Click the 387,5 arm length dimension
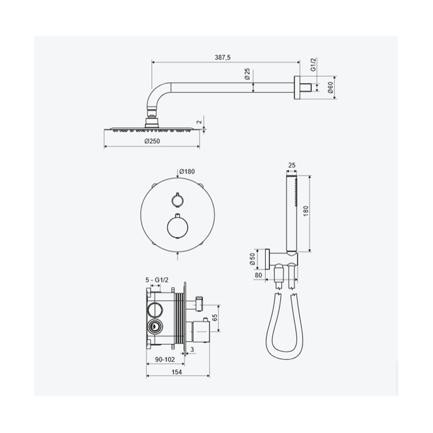[223, 58]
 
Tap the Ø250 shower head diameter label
[152, 141]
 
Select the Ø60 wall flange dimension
[331, 87]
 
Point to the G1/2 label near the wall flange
[313, 64]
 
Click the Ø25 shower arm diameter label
[247, 74]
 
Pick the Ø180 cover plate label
[187, 171]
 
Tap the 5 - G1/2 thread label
[157, 280]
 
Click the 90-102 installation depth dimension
[165, 360]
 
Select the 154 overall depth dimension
[177, 372]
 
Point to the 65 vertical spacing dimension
[215, 318]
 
